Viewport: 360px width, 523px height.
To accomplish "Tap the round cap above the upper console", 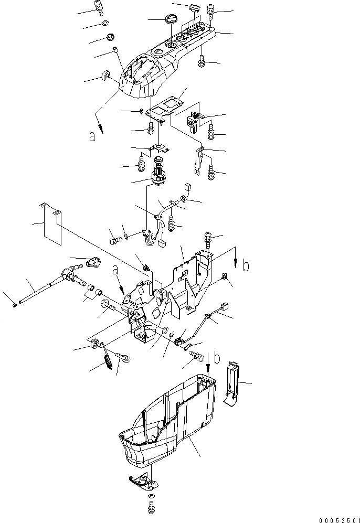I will [x=171, y=20].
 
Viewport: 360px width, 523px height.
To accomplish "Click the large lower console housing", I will [x=168, y=420].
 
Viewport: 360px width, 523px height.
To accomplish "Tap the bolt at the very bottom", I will [x=151, y=507].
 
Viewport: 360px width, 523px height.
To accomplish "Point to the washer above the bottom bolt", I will [x=151, y=496].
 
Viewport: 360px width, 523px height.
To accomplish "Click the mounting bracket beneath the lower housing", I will [x=143, y=478].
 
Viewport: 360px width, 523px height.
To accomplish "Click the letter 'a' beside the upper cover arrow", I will [x=92, y=137].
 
